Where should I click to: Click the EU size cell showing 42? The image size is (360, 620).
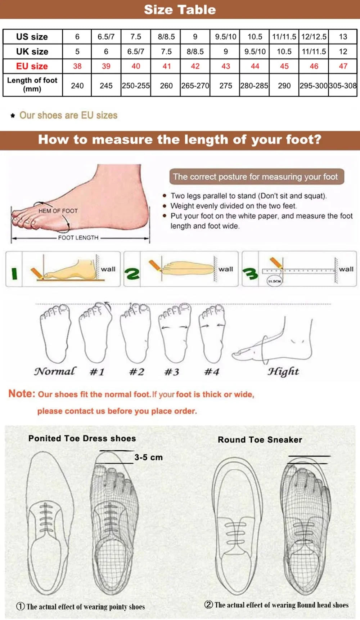195,66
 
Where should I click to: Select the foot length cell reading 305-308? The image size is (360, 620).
343,86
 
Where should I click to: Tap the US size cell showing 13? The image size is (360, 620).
343,37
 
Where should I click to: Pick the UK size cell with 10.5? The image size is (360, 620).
284,52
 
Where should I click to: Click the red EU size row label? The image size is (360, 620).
32,66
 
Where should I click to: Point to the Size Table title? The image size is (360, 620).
180,10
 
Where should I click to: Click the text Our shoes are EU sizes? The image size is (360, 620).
68,115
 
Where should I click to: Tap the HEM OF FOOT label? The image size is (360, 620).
58,211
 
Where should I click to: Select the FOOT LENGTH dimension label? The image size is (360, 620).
78,238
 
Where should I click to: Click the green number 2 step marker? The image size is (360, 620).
132,274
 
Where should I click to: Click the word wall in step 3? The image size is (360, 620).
346,269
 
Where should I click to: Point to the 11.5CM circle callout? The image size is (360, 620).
274,281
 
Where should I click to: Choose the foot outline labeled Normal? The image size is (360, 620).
55,333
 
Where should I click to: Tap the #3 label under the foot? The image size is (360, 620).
172,372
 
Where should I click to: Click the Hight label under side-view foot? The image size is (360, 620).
283,371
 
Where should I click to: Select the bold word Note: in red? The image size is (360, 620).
22,393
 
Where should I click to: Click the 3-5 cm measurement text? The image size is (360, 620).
148,458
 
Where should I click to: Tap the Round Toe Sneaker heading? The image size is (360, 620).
260,440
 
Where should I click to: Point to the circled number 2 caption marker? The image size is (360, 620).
208,605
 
